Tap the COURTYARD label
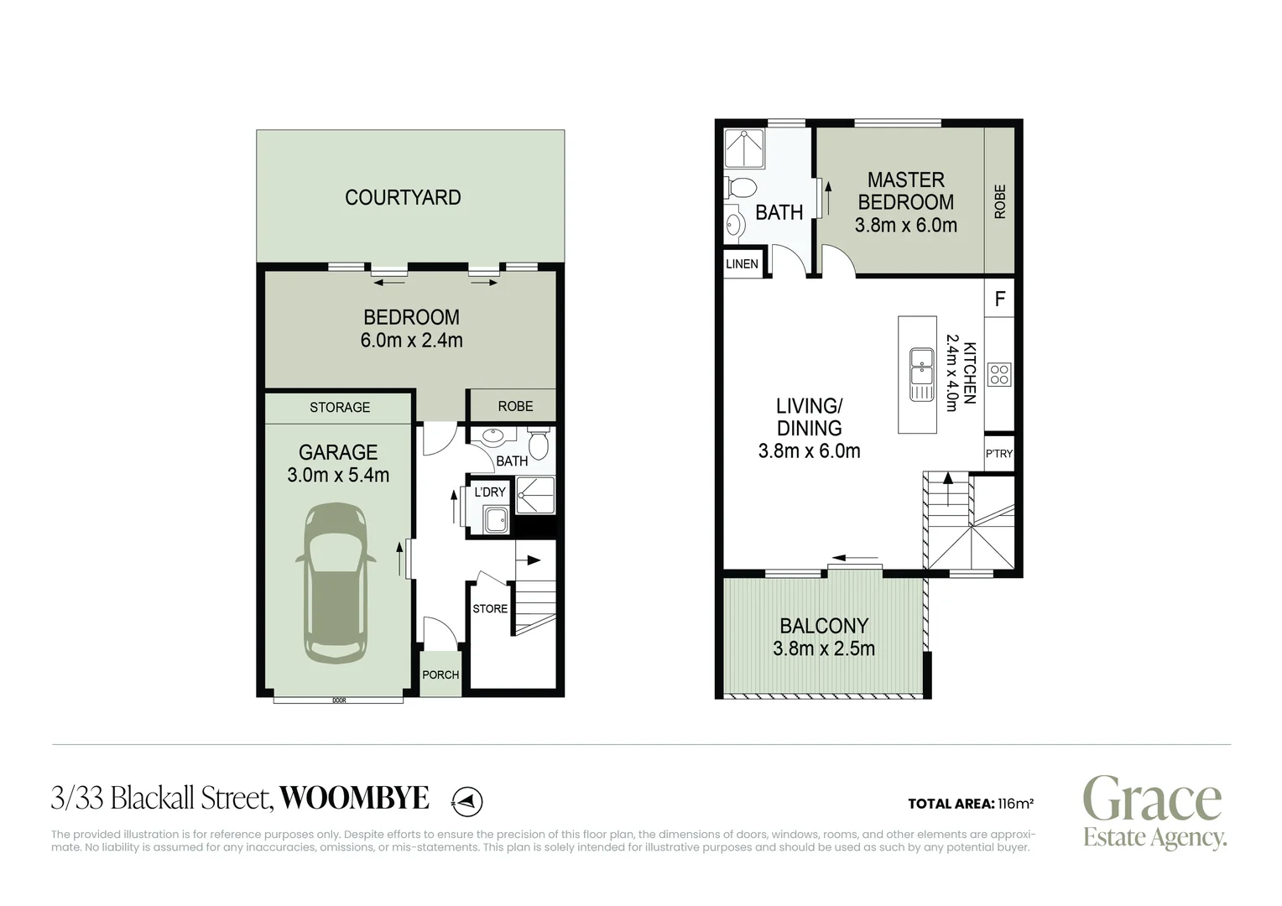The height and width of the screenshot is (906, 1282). [x=403, y=197]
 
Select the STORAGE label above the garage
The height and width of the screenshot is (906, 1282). [x=339, y=407]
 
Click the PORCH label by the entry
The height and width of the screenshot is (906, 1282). [x=440, y=674]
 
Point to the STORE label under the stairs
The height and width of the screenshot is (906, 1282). [x=490, y=608]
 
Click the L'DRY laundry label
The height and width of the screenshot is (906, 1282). [x=490, y=492]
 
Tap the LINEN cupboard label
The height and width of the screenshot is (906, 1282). [x=742, y=263]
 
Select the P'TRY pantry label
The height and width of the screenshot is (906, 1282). [x=998, y=454]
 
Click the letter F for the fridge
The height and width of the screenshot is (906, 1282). [x=999, y=299]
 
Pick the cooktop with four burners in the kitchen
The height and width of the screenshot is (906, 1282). [x=999, y=374]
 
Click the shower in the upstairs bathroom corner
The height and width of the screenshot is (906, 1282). [x=744, y=150]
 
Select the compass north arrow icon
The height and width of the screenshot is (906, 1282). [x=467, y=801]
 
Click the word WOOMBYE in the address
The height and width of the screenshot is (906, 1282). [x=353, y=798]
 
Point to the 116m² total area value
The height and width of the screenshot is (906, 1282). [x=1015, y=804]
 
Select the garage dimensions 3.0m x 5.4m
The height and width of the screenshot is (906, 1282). [x=338, y=475]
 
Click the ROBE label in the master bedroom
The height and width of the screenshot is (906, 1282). [x=999, y=201]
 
